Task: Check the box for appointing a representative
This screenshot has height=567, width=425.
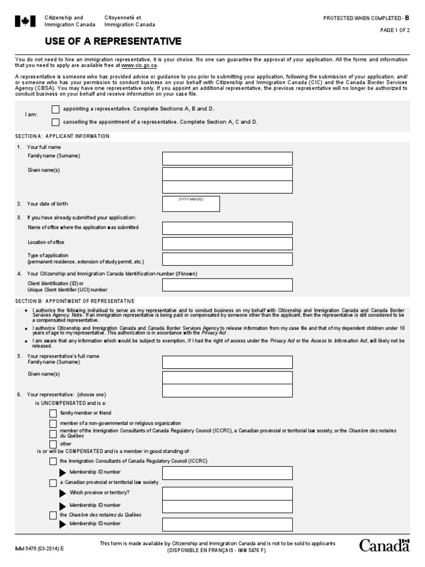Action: pos(55,109)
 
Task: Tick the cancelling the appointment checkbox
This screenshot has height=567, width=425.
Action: pos(55,122)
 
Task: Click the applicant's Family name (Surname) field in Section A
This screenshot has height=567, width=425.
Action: pos(227,159)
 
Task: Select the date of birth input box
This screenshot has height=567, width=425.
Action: pos(191,204)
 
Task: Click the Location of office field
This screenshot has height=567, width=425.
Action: pos(227,244)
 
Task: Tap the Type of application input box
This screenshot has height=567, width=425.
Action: pos(227,259)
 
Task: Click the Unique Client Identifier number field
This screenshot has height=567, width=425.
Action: pos(227,285)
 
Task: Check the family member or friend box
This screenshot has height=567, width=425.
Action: pos(53,413)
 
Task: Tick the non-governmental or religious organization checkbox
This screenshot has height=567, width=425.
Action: pos(53,424)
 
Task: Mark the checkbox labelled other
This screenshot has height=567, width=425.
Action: pos(53,444)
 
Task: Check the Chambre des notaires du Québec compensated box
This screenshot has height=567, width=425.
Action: pos(53,515)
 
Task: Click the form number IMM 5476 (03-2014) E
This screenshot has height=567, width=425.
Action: pos(39,548)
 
